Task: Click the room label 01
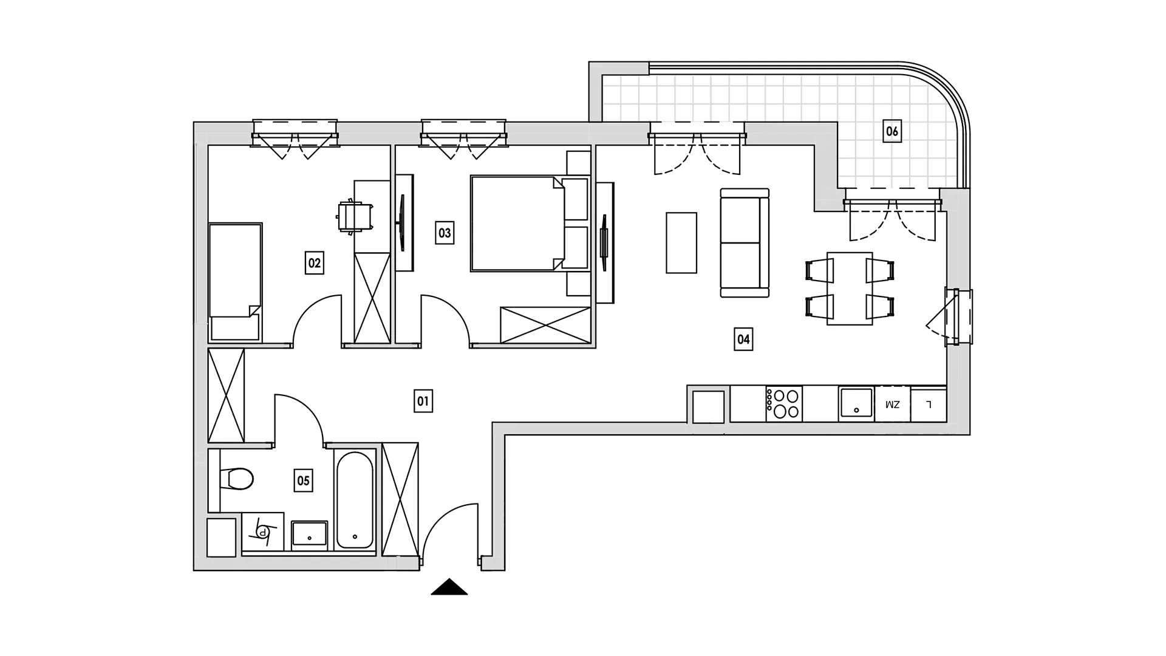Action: click(423, 401)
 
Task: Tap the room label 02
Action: click(314, 263)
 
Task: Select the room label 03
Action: click(445, 233)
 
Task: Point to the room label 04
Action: click(743, 339)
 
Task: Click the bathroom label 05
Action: click(303, 480)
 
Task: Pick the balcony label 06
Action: click(892, 131)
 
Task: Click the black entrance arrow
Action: click(449, 587)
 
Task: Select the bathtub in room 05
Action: click(355, 500)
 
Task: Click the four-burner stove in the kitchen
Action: click(784, 404)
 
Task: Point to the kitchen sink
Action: click(856, 404)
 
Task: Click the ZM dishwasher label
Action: click(892, 405)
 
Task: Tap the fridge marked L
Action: click(929, 404)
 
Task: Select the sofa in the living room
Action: click(745, 243)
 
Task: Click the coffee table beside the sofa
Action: click(681, 242)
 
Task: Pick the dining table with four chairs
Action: click(850, 289)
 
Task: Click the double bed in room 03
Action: click(517, 224)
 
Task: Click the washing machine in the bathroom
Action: click(263, 531)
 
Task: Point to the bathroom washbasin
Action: click(310, 535)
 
